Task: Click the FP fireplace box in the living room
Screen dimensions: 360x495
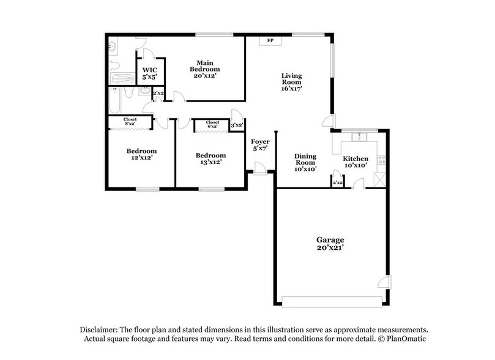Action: [270, 41]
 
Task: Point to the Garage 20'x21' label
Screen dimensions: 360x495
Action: [330, 244]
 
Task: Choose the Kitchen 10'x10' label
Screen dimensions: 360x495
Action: [355, 162]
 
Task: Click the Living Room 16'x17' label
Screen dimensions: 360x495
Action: [291, 82]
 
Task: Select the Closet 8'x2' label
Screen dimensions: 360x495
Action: [130, 122]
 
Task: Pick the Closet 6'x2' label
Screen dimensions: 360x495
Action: [212, 125]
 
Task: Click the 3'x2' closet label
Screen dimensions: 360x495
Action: [237, 126]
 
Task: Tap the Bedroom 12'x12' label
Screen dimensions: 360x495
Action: [141, 154]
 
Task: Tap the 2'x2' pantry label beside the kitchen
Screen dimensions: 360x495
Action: [337, 182]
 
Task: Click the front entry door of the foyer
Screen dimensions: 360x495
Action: [259, 169]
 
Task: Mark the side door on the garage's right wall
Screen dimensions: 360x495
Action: [384, 282]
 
